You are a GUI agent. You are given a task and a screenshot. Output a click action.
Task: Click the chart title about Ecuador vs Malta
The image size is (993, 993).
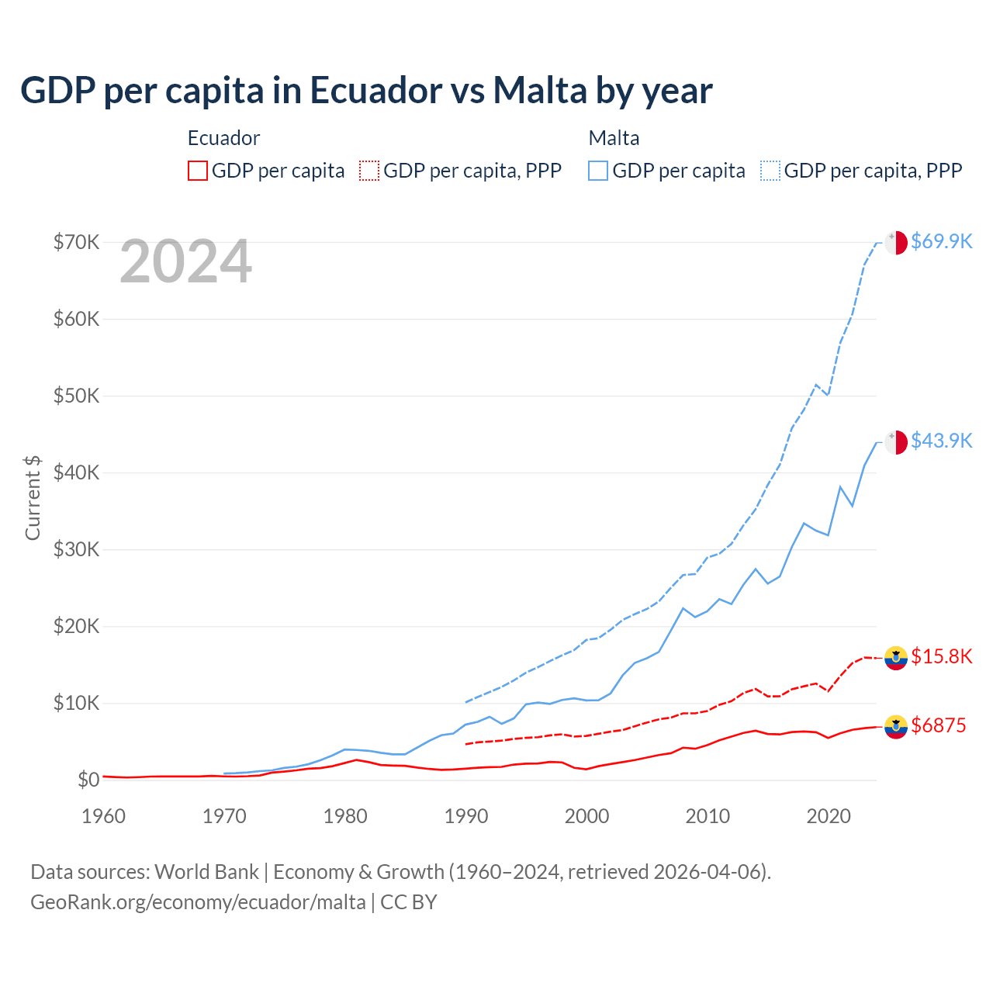click(366, 91)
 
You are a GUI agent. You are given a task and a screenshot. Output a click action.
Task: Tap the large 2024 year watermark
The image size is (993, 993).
click(185, 262)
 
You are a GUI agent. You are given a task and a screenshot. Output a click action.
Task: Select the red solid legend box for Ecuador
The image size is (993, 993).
click(198, 171)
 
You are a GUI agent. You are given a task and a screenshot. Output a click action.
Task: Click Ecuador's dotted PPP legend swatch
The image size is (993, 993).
click(369, 171)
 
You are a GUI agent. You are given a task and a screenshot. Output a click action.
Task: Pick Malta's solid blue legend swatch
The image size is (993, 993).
click(598, 171)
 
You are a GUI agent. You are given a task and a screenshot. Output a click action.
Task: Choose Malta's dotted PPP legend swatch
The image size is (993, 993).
click(770, 171)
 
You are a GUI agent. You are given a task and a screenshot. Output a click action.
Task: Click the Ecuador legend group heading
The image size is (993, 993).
click(223, 138)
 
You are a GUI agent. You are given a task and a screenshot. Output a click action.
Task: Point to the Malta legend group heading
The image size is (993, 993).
click(614, 138)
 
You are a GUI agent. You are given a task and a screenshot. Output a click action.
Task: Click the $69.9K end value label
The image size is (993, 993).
click(941, 241)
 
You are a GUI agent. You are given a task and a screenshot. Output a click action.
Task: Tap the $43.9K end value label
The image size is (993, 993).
click(941, 441)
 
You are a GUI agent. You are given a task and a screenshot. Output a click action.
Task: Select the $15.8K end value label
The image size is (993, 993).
click(941, 656)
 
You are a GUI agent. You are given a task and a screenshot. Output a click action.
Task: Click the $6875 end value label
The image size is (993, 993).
click(938, 725)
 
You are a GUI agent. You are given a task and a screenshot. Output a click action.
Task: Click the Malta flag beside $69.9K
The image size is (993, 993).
click(896, 242)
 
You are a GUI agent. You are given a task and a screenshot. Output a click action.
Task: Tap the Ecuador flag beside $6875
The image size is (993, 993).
click(896, 726)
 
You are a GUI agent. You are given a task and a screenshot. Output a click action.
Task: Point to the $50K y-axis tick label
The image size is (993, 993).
click(76, 396)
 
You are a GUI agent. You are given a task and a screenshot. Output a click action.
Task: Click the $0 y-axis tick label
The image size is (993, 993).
click(88, 780)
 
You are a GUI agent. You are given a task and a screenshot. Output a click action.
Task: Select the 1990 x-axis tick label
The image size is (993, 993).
click(466, 816)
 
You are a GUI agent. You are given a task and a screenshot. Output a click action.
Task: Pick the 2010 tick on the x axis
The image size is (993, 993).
click(708, 816)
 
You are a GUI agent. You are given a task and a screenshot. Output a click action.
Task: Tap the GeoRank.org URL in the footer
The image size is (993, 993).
click(198, 902)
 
